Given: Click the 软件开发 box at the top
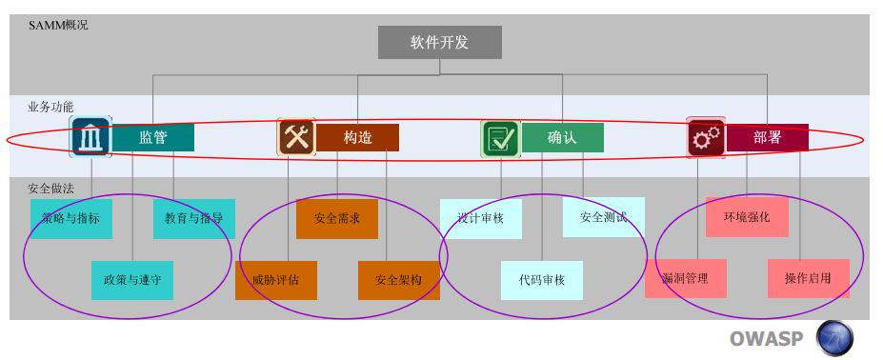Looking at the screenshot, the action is [440, 42].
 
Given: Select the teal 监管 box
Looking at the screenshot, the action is [153, 137].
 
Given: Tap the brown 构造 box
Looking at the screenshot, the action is [357, 137].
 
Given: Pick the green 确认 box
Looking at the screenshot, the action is [563, 137].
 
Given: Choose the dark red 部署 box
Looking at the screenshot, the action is [768, 137].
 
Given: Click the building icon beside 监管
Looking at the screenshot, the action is [90, 137].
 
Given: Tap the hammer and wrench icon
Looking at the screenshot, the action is [296, 136].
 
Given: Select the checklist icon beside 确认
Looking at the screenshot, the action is [501, 139].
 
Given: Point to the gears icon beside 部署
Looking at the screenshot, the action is [706, 137].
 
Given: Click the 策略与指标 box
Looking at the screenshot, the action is [71, 219].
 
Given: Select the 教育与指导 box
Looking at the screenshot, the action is [194, 219].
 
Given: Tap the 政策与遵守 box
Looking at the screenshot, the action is [132, 280].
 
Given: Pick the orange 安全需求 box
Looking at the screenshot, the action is [337, 219].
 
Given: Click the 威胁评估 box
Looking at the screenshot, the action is [276, 280].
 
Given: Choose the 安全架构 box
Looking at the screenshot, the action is [399, 280].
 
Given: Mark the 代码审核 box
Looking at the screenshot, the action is [542, 280].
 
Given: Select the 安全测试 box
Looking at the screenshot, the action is [604, 217].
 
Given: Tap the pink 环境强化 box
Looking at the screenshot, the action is [747, 217].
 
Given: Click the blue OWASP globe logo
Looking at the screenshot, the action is [834, 338].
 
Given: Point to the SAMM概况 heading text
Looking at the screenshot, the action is [58, 26].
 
